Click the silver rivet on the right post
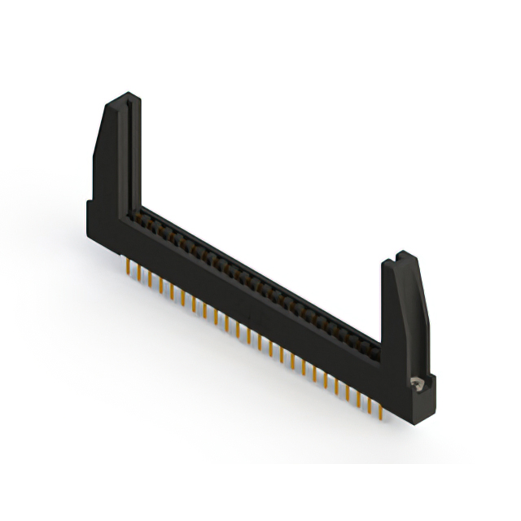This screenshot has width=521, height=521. coord(418,381)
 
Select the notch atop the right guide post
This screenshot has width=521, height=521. coord(401,256)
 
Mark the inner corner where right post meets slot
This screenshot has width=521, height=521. coord(381,350)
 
